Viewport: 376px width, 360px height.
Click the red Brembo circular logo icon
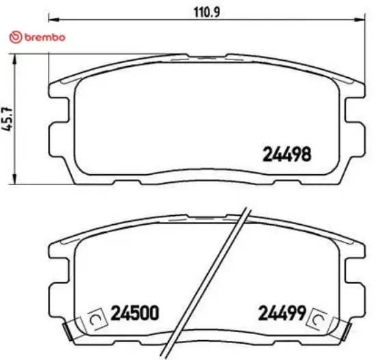click(x=14, y=38)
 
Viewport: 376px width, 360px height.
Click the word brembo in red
click(x=42, y=38)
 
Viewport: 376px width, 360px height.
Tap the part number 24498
click(x=287, y=154)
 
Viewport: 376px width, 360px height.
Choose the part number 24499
click(x=281, y=313)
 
